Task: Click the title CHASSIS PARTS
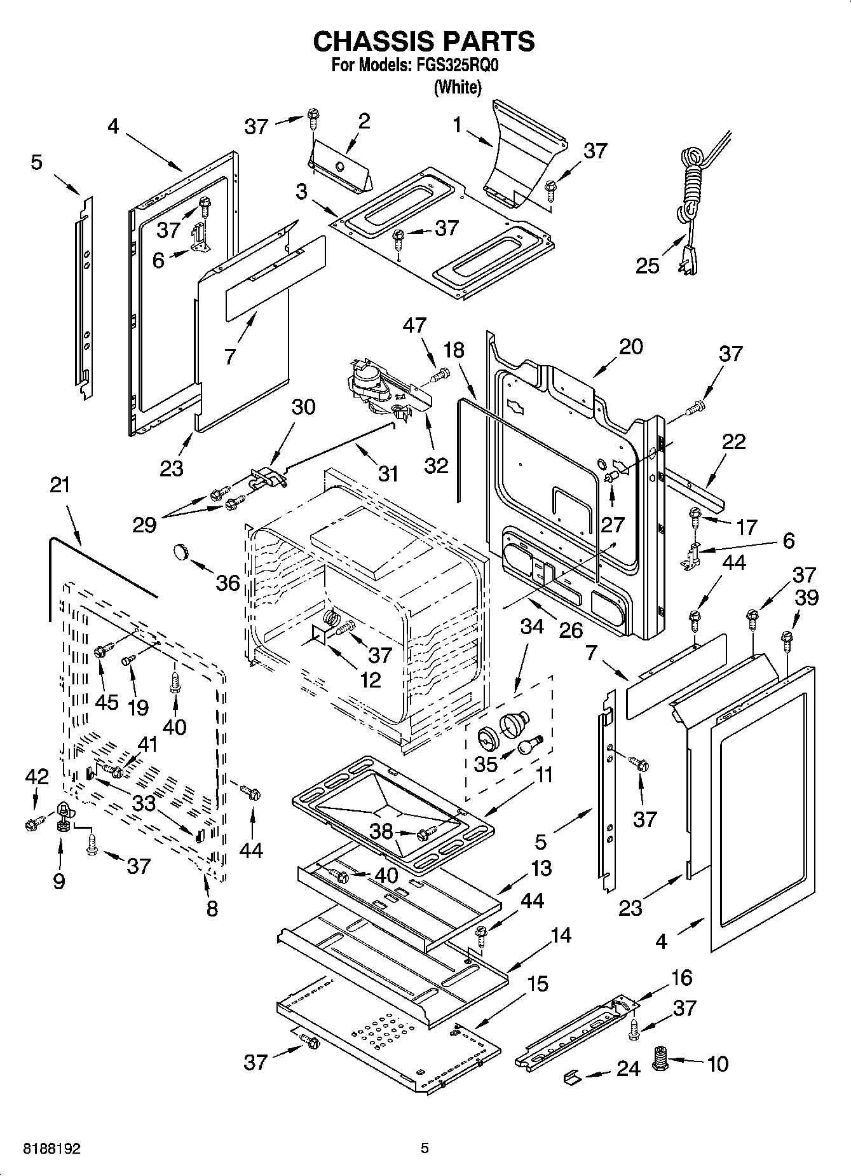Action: (424, 41)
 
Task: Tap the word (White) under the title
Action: (457, 87)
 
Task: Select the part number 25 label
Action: (648, 265)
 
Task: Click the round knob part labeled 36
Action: (182, 551)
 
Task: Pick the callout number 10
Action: (718, 1063)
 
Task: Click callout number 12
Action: (370, 679)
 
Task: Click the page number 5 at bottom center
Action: (425, 1148)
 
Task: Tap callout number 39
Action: (807, 597)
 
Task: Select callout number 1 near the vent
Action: (457, 125)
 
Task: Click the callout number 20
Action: (630, 347)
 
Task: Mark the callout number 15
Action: (538, 984)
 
